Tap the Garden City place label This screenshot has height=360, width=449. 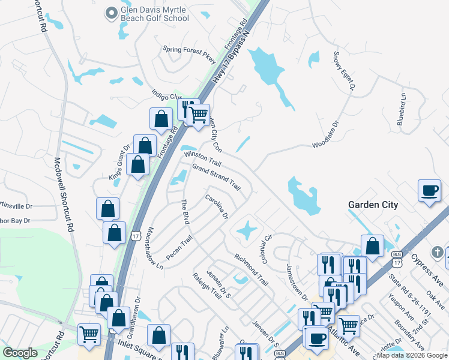click(373, 205)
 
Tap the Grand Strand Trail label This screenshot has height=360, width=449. click(216, 178)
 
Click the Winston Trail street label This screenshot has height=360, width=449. click(203, 159)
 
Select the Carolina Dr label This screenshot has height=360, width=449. click(217, 206)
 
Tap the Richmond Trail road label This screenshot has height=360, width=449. click(252, 269)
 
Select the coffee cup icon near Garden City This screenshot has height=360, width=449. click(429, 191)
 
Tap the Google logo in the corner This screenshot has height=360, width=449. click(20, 353)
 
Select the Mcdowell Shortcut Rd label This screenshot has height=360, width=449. click(64, 194)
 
